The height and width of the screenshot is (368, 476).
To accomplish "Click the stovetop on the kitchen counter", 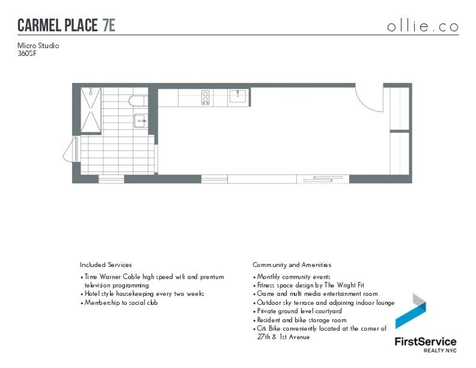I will tap(206, 97).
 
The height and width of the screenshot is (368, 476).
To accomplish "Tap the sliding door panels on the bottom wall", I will tap(322, 178).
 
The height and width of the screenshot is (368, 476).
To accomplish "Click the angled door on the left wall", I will tap(71, 149).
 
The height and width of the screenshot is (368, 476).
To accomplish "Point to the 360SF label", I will tap(27, 52).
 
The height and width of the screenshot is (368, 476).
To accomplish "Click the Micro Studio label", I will tap(38, 45).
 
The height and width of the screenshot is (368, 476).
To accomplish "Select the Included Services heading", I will tap(106, 264).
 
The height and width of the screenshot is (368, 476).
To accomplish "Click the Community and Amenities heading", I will tap(292, 264).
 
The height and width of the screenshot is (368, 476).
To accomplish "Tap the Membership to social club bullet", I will tap(121, 302).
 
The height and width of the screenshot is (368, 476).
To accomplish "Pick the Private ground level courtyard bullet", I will tap(299, 311).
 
